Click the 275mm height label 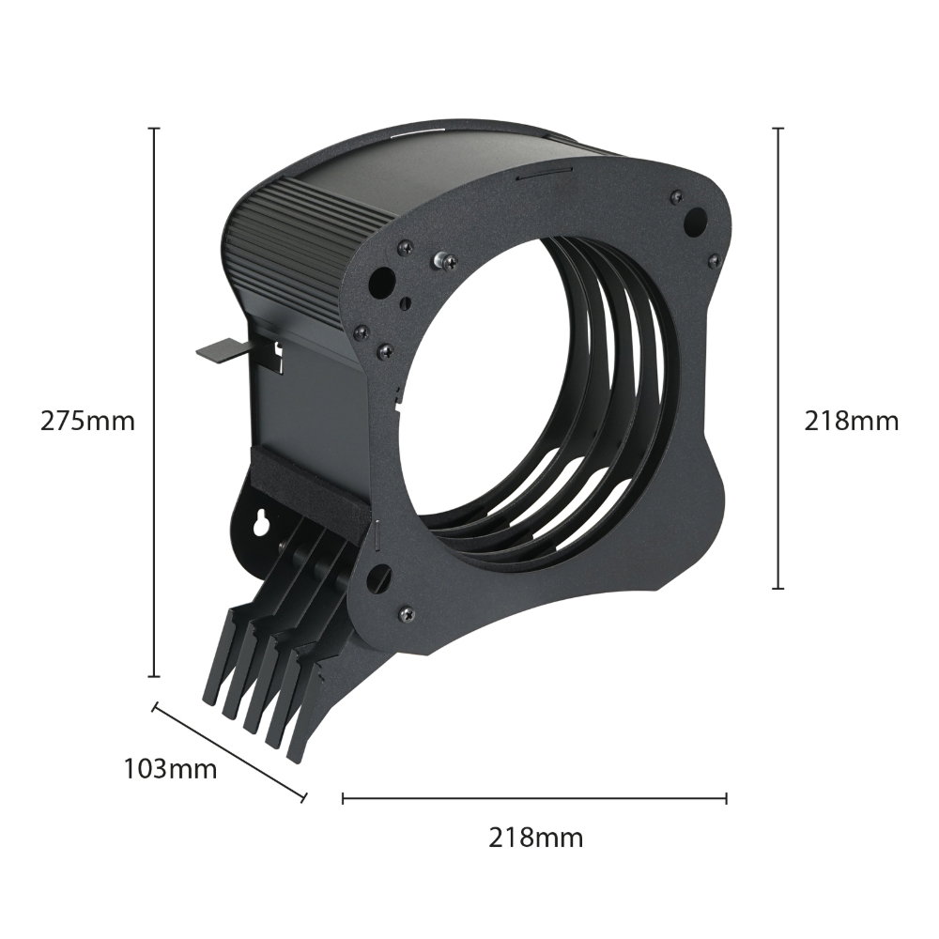click(x=87, y=421)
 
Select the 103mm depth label click(x=170, y=768)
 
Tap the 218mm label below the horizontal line click(x=536, y=838)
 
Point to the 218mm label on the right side click(x=851, y=421)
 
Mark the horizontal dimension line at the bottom click(x=535, y=798)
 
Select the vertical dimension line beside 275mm click(x=155, y=402)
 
